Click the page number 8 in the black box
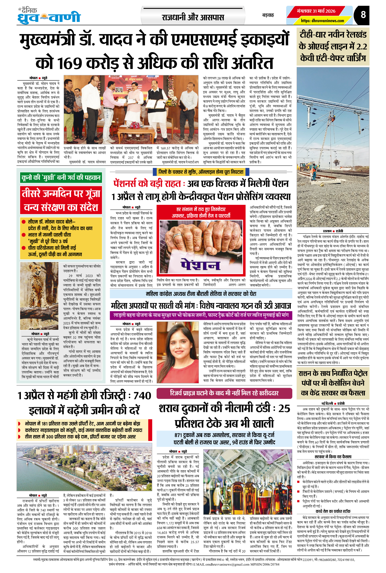click(363, 15)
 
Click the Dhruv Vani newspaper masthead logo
click(49, 16)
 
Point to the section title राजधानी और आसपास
click(193, 18)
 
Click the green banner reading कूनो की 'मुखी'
click(61, 177)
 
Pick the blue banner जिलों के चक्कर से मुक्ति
click(201, 172)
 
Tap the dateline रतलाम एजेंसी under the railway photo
click(333, 231)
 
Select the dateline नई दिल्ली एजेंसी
click(333, 404)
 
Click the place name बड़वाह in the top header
click(268, 15)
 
